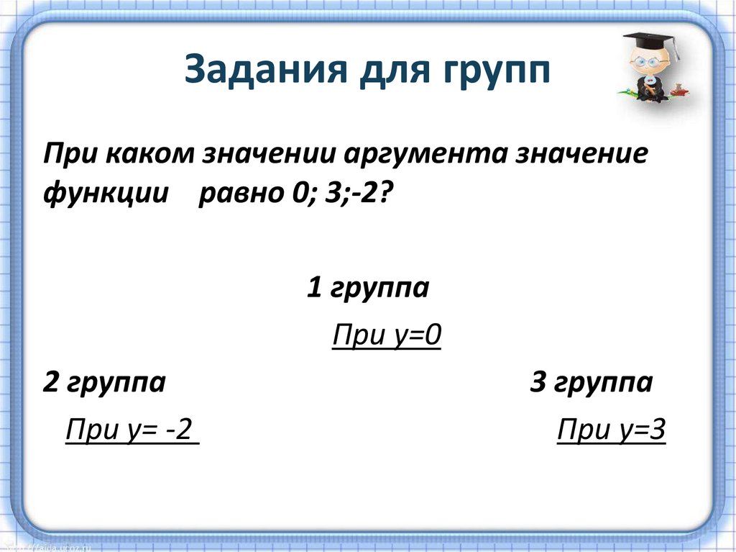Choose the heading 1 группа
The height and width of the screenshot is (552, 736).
tap(368, 289)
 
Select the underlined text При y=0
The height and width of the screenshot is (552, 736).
tap(385, 336)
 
